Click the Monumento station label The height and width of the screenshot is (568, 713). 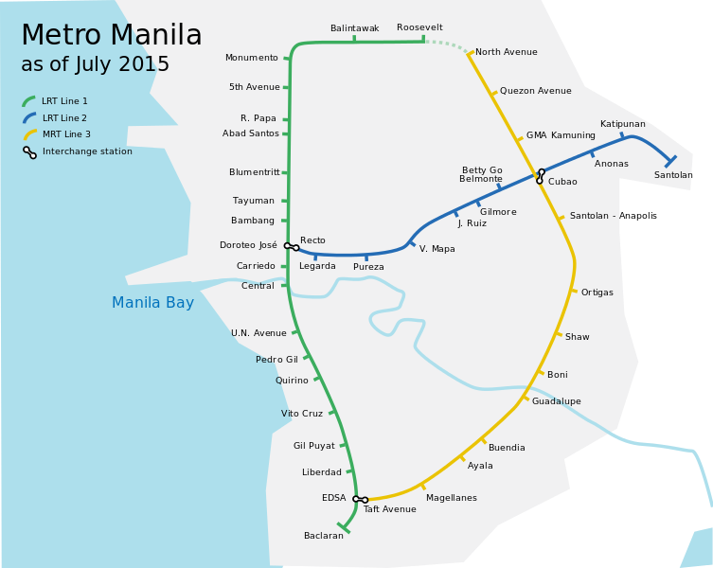click(251, 59)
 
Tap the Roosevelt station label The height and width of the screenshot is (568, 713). click(419, 27)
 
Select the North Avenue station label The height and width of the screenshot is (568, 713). click(506, 52)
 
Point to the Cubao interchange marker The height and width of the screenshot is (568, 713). click(541, 176)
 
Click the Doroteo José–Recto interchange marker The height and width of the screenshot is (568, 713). click(292, 247)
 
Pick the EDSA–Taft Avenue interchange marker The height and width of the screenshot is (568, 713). click(360, 499)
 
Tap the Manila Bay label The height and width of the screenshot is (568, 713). click(152, 303)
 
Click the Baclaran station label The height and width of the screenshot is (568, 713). click(323, 536)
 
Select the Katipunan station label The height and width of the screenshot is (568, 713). click(622, 124)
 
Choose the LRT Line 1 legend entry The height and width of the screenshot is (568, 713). click(64, 101)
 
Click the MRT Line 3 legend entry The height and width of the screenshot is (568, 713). click(66, 134)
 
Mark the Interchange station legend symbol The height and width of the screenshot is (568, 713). click(30, 151)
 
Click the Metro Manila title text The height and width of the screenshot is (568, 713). click(111, 36)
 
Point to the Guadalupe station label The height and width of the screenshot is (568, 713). click(556, 401)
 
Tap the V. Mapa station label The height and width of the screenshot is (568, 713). click(437, 249)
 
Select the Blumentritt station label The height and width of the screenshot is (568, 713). click(254, 172)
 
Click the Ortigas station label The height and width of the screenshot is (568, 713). click(597, 293)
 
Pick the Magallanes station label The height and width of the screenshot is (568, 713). click(451, 498)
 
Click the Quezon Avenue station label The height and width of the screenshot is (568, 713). click(535, 91)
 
